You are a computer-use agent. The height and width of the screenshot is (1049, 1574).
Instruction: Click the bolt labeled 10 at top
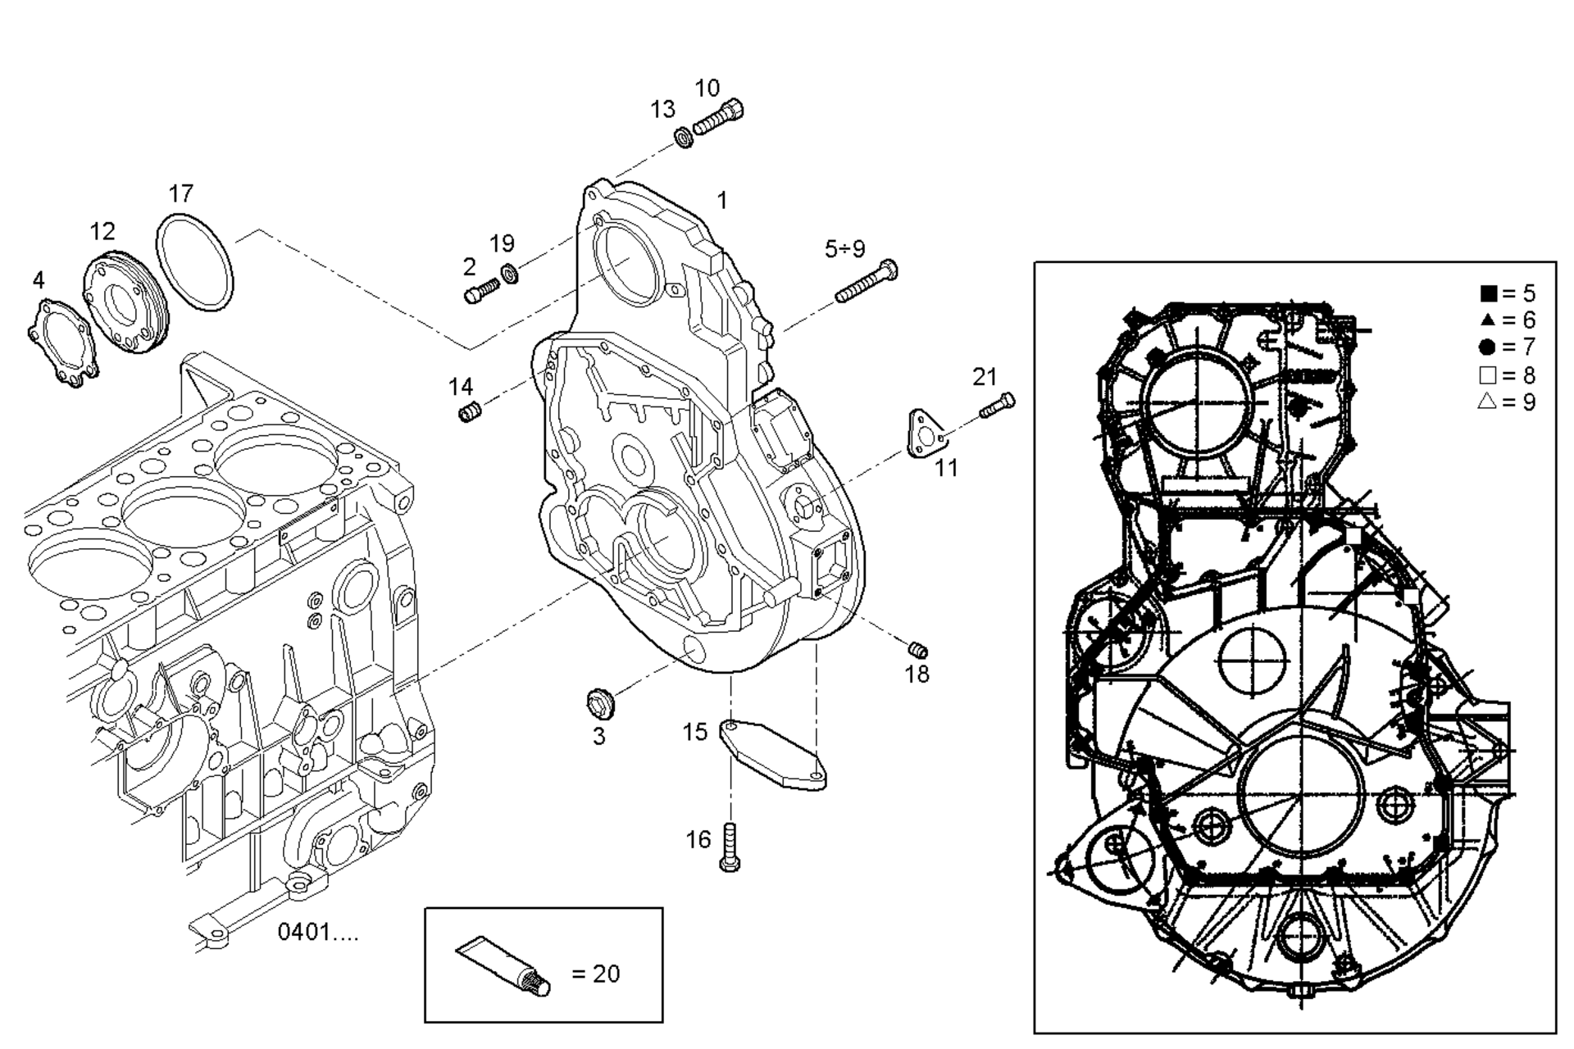(719, 117)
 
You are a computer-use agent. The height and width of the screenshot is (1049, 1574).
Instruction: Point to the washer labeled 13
(684, 137)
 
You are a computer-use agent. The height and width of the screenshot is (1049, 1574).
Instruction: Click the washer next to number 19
(509, 273)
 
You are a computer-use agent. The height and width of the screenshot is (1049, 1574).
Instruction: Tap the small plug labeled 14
(469, 411)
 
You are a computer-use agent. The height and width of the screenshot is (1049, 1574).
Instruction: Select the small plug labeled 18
(918, 651)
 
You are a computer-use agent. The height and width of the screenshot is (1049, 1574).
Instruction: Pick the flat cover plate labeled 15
(773, 754)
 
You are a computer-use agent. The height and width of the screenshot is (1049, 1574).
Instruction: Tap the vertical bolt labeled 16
(730, 847)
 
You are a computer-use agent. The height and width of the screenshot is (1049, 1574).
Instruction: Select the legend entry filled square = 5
(1507, 293)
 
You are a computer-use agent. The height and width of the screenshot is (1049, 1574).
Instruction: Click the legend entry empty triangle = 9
(1507, 402)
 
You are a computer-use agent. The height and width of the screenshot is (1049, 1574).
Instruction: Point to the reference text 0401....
(317, 932)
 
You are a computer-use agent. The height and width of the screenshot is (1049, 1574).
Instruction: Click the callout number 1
(721, 200)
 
